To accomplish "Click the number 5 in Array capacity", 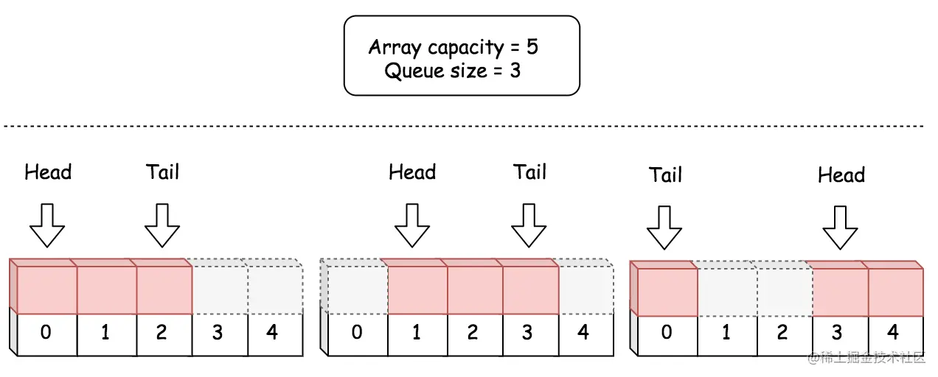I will point(532,48).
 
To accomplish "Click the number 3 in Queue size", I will point(514,71).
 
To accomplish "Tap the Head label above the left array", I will point(48,172).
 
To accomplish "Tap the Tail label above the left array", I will point(162,172).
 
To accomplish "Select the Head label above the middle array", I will point(412,172).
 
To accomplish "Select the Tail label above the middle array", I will point(529,172).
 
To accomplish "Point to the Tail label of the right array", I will point(665,175).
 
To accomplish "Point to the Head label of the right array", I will point(841,175).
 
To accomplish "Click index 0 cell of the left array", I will point(46,333).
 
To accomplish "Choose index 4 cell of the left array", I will point(273,333).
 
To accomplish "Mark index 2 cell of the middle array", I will point(472,333).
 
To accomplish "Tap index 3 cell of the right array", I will point(837,333).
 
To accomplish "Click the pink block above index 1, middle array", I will point(417,289).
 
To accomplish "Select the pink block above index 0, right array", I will point(666,291).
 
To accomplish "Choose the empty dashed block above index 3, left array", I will point(219,289).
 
